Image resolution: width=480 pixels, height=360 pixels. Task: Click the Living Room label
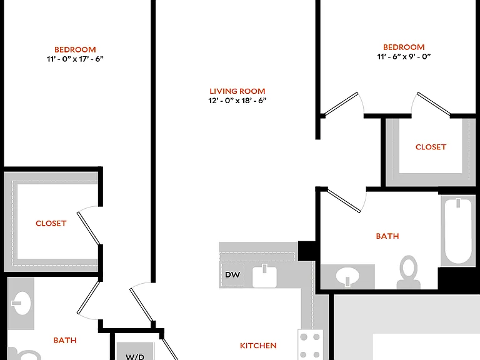(x=237, y=91)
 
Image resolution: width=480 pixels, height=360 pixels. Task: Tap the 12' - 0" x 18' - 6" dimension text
(x=237, y=101)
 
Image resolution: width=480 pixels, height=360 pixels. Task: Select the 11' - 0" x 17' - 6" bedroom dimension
(x=75, y=59)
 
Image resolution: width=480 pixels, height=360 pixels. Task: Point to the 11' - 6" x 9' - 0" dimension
(x=404, y=56)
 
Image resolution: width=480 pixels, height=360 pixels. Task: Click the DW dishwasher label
(x=232, y=274)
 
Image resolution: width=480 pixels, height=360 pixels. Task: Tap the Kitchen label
(x=258, y=346)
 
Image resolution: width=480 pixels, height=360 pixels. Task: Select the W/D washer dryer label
(x=135, y=357)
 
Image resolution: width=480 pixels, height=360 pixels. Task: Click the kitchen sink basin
(x=264, y=276)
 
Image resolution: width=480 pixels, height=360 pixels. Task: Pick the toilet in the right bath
(x=408, y=272)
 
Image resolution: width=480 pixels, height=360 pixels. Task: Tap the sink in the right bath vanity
(x=347, y=276)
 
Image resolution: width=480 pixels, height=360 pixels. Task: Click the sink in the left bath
(x=21, y=303)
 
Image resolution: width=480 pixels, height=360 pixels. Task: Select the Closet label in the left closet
(x=51, y=224)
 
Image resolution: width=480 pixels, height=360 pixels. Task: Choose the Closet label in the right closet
(x=431, y=147)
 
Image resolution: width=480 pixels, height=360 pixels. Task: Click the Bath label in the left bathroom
(x=65, y=340)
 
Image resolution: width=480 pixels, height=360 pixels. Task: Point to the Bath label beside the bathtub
(x=387, y=236)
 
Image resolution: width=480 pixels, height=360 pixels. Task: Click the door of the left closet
(x=89, y=228)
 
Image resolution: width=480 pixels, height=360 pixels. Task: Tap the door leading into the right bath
(x=344, y=201)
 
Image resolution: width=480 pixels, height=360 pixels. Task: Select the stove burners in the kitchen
(x=310, y=345)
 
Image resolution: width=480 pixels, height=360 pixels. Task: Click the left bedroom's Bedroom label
(x=75, y=49)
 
